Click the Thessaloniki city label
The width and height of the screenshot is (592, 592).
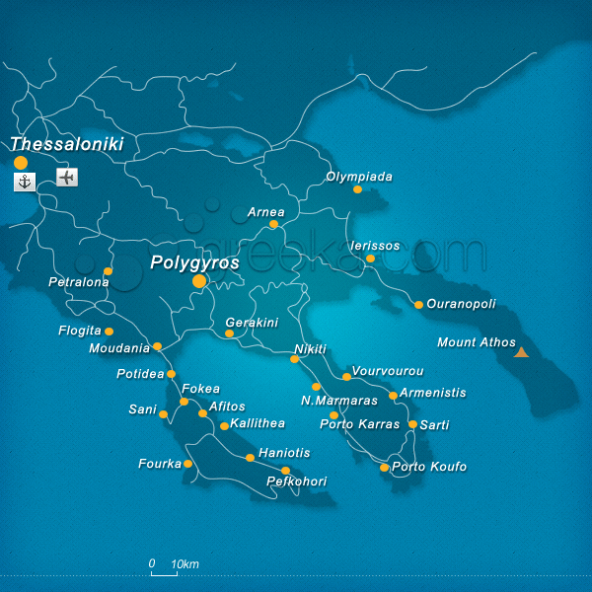click(x=67, y=144)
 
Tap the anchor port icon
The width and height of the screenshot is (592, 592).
click(x=25, y=181)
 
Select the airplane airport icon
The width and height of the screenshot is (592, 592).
click(x=66, y=178)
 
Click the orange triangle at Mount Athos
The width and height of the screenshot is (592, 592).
click(x=521, y=351)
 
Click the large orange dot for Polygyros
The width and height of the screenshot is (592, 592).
click(x=199, y=281)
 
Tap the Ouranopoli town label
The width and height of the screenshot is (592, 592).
click(x=461, y=304)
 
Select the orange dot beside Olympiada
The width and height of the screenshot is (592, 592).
click(x=357, y=189)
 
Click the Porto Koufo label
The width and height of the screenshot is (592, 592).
click(x=429, y=467)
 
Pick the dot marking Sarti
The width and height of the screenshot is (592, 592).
click(x=412, y=424)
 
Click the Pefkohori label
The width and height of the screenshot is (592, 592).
click(x=297, y=481)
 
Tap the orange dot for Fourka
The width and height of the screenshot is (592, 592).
click(x=187, y=464)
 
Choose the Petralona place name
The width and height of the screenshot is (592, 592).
click(x=77, y=283)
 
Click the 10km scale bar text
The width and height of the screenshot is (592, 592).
click(x=185, y=564)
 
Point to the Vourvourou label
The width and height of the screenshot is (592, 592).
click(x=388, y=371)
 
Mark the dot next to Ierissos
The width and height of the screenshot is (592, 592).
click(x=370, y=259)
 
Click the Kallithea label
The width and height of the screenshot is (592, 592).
click(x=258, y=423)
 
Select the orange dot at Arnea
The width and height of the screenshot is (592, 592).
click(x=273, y=224)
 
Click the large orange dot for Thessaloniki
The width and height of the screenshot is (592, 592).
click(x=21, y=163)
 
